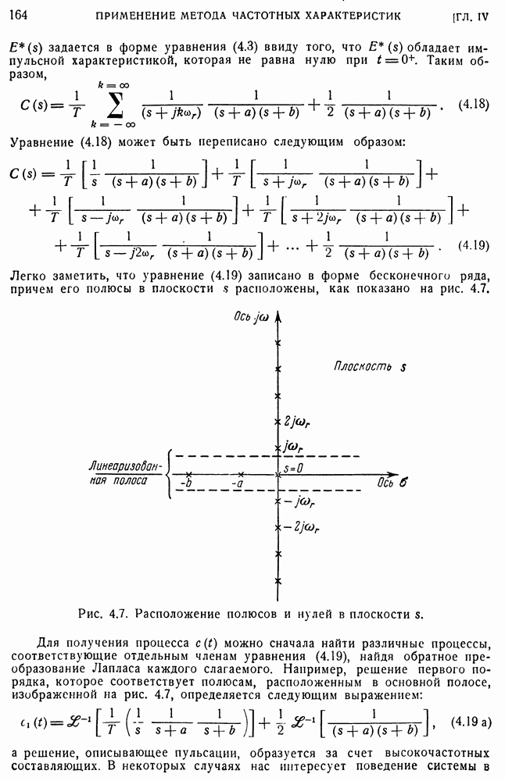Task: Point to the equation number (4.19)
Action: (474, 246)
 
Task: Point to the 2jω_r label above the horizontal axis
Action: (299, 423)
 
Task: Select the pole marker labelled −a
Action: (242, 473)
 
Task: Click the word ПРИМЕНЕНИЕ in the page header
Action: (133, 15)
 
